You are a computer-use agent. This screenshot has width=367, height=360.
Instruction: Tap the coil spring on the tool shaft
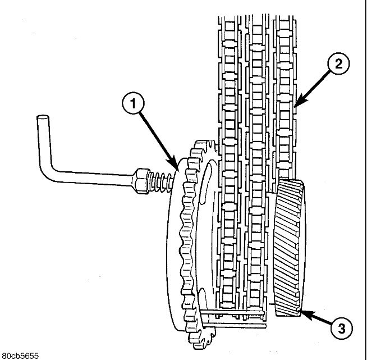pos(160,181)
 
